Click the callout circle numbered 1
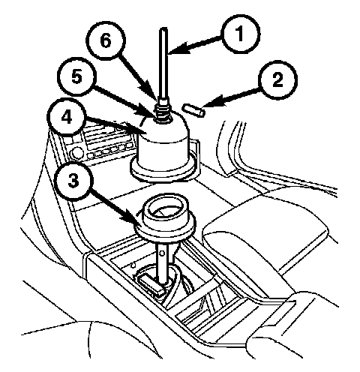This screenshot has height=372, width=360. (x=241, y=34)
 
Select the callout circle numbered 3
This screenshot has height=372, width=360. (x=73, y=181)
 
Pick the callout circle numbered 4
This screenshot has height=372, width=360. (x=66, y=118)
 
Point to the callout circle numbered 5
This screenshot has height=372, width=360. (x=76, y=76)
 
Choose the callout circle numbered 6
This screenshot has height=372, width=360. (x=106, y=40)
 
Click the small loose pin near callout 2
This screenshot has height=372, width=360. (x=194, y=109)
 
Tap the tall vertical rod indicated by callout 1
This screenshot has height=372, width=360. (x=163, y=65)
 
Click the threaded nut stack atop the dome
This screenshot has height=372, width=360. (x=163, y=112)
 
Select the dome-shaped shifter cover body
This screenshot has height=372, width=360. (x=163, y=141)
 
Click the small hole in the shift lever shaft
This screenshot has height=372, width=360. (x=162, y=253)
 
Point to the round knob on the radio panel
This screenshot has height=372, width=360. (x=77, y=152)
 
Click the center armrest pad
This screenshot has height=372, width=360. (x=265, y=225)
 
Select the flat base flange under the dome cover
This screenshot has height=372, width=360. (x=163, y=170)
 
